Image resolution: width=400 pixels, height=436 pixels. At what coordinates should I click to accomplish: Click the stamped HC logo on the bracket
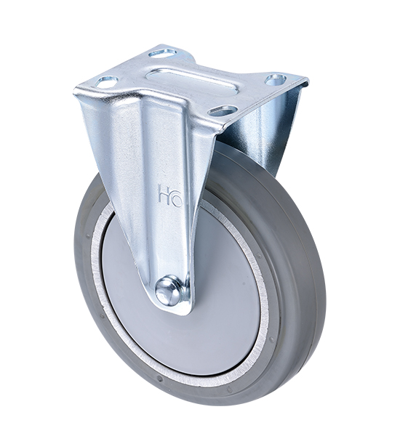169,195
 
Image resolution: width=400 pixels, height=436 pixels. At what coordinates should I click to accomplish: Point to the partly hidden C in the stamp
175,196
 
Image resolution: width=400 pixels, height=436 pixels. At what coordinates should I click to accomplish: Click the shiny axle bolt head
169,290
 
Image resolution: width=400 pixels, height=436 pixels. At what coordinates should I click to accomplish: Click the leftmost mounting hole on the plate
106,82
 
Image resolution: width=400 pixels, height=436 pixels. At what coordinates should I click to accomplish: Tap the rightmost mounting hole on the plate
275,79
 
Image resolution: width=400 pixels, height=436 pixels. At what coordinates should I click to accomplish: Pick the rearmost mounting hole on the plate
164,52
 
